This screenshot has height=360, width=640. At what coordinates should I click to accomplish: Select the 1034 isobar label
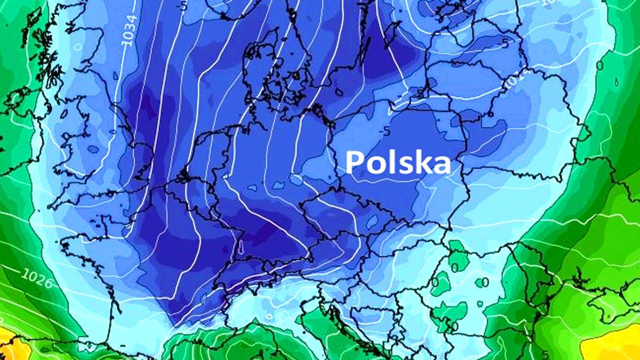(x=130, y=29)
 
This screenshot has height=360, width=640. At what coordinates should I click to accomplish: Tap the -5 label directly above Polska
(x=385, y=131)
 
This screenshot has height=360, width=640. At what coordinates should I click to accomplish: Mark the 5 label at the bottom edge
(x=546, y=354)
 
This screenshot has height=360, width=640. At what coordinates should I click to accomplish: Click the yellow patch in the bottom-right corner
(x=613, y=344)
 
